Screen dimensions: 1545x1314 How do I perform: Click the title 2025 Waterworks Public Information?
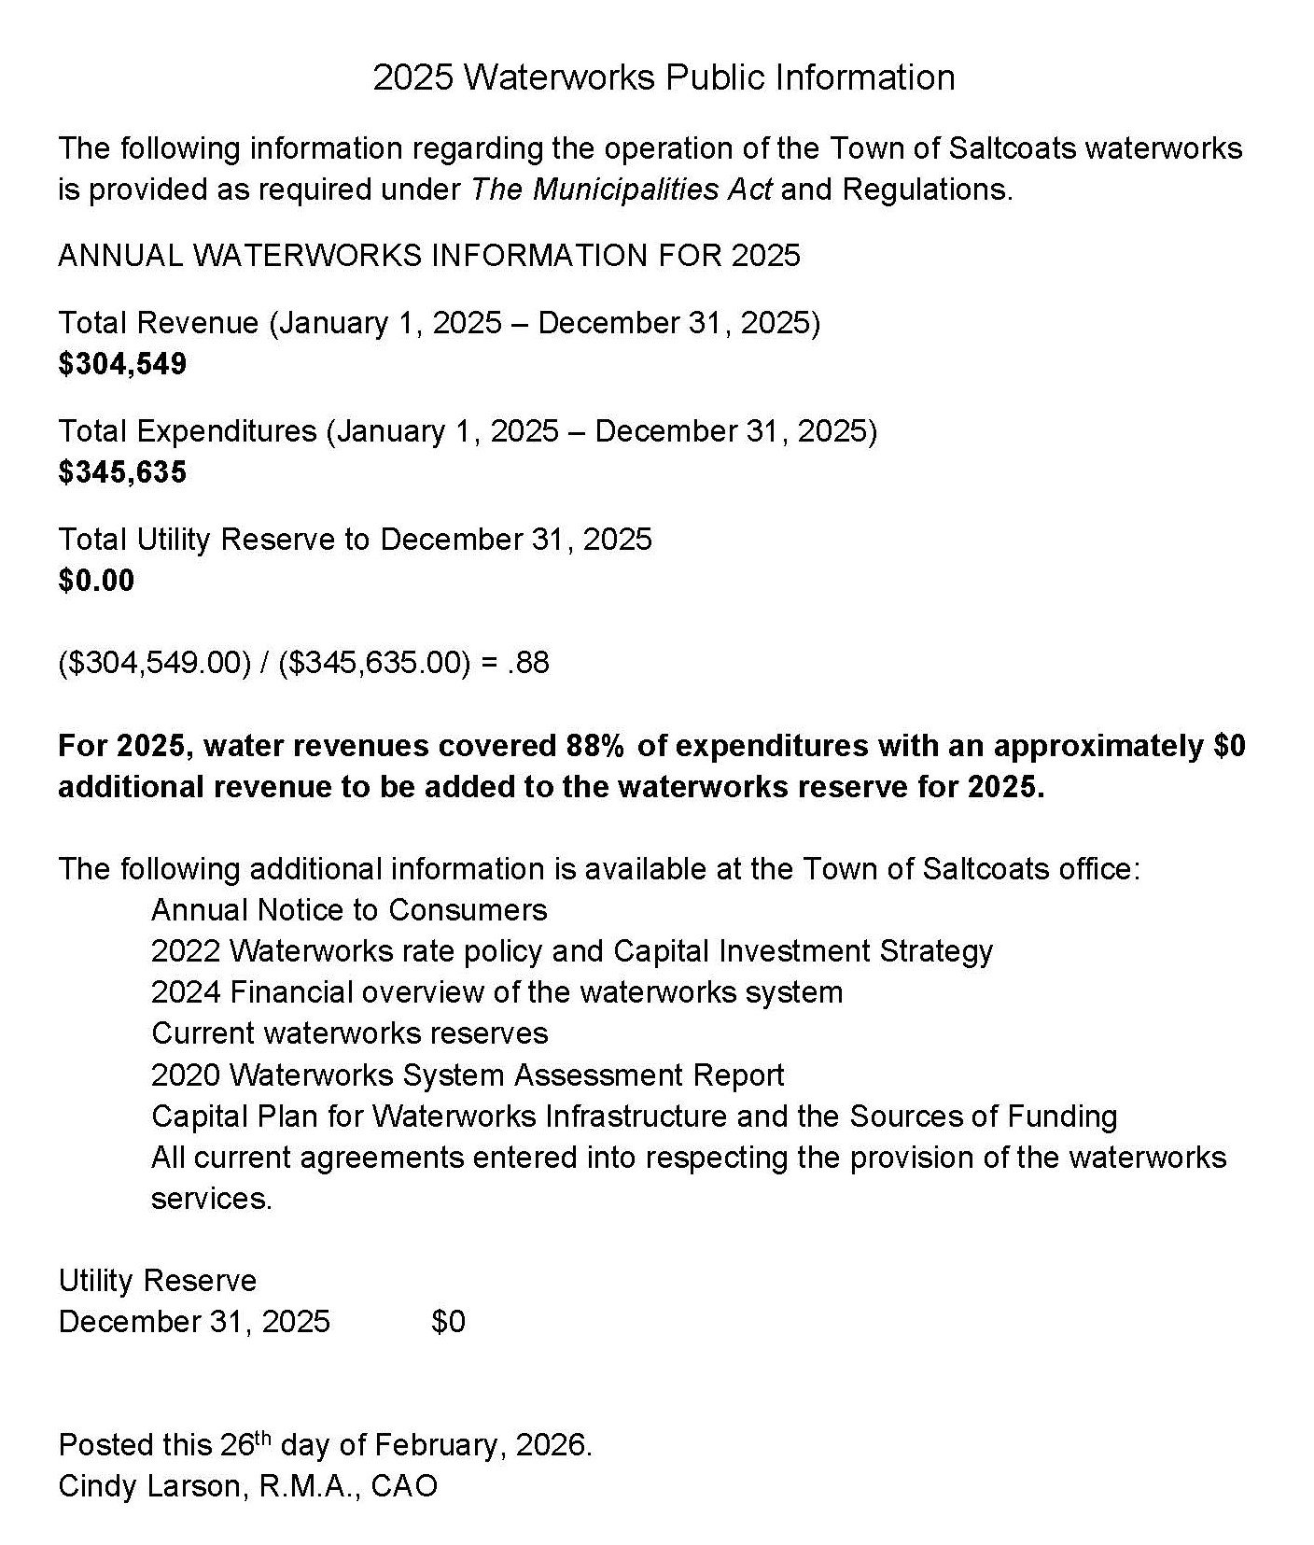click(664, 77)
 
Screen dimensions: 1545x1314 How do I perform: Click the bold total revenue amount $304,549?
click(122, 364)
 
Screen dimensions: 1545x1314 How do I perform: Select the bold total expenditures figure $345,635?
click(122, 472)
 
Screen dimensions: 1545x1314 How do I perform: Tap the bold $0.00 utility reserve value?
click(96, 581)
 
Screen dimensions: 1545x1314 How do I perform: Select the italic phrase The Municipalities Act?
click(621, 190)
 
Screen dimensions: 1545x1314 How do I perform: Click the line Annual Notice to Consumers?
click(349, 910)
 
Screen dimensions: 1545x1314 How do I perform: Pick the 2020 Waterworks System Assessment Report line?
click(468, 1075)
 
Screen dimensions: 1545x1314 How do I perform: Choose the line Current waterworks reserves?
click(349, 1033)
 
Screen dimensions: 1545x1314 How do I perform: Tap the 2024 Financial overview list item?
click(496, 992)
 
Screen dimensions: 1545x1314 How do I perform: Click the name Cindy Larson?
click(148, 1486)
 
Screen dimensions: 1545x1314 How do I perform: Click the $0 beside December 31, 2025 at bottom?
click(448, 1322)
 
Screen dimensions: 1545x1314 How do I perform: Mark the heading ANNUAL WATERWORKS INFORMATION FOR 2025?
click(429, 256)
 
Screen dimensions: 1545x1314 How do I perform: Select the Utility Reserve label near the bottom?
click(157, 1281)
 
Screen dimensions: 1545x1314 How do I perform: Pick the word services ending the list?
click(211, 1199)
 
